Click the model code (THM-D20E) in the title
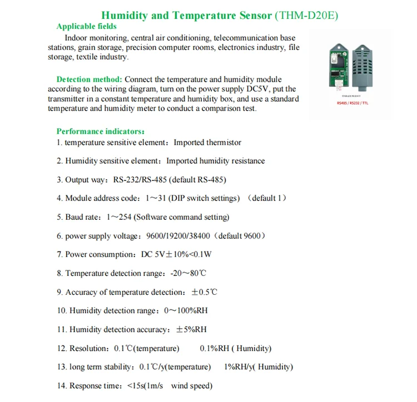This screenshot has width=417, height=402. pyautogui.click(x=306, y=15)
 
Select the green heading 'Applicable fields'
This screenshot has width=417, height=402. pyautogui.click(x=87, y=26)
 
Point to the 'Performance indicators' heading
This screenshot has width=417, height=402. pyautogui.click(x=100, y=132)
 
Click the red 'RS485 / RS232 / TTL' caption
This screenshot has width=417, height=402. pyautogui.click(x=353, y=102)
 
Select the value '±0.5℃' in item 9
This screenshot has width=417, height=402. pyautogui.click(x=204, y=292)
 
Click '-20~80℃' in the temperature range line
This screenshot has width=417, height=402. pyautogui.click(x=188, y=273)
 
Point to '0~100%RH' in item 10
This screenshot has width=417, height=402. pyautogui.click(x=186, y=310)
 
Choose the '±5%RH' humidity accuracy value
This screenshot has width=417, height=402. pyautogui.click(x=191, y=329)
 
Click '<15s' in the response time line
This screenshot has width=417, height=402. pyautogui.click(x=135, y=386)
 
